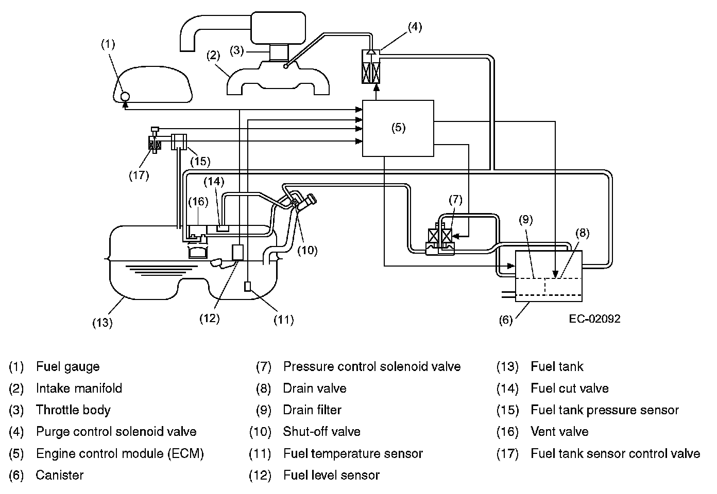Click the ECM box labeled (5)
click(398, 128)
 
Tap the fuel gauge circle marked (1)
click(124, 96)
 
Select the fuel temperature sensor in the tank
click(248, 287)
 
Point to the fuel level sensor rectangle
click(238, 252)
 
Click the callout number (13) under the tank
click(103, 323)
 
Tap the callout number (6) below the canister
click(506, 320)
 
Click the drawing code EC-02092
click(594, 319)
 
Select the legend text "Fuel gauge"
click(67, 367)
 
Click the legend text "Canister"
click(59, 475)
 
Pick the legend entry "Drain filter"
click(312, 410)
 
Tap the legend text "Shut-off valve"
click(321, 432)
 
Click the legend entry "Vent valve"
click(559, 432)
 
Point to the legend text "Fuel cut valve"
click(569, 389)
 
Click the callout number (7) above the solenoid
click(455, 200)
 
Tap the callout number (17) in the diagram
click(139, 175)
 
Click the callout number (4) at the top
click(414, 27)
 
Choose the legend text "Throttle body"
click(73, 410)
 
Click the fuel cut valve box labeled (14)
click(223, 228)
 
